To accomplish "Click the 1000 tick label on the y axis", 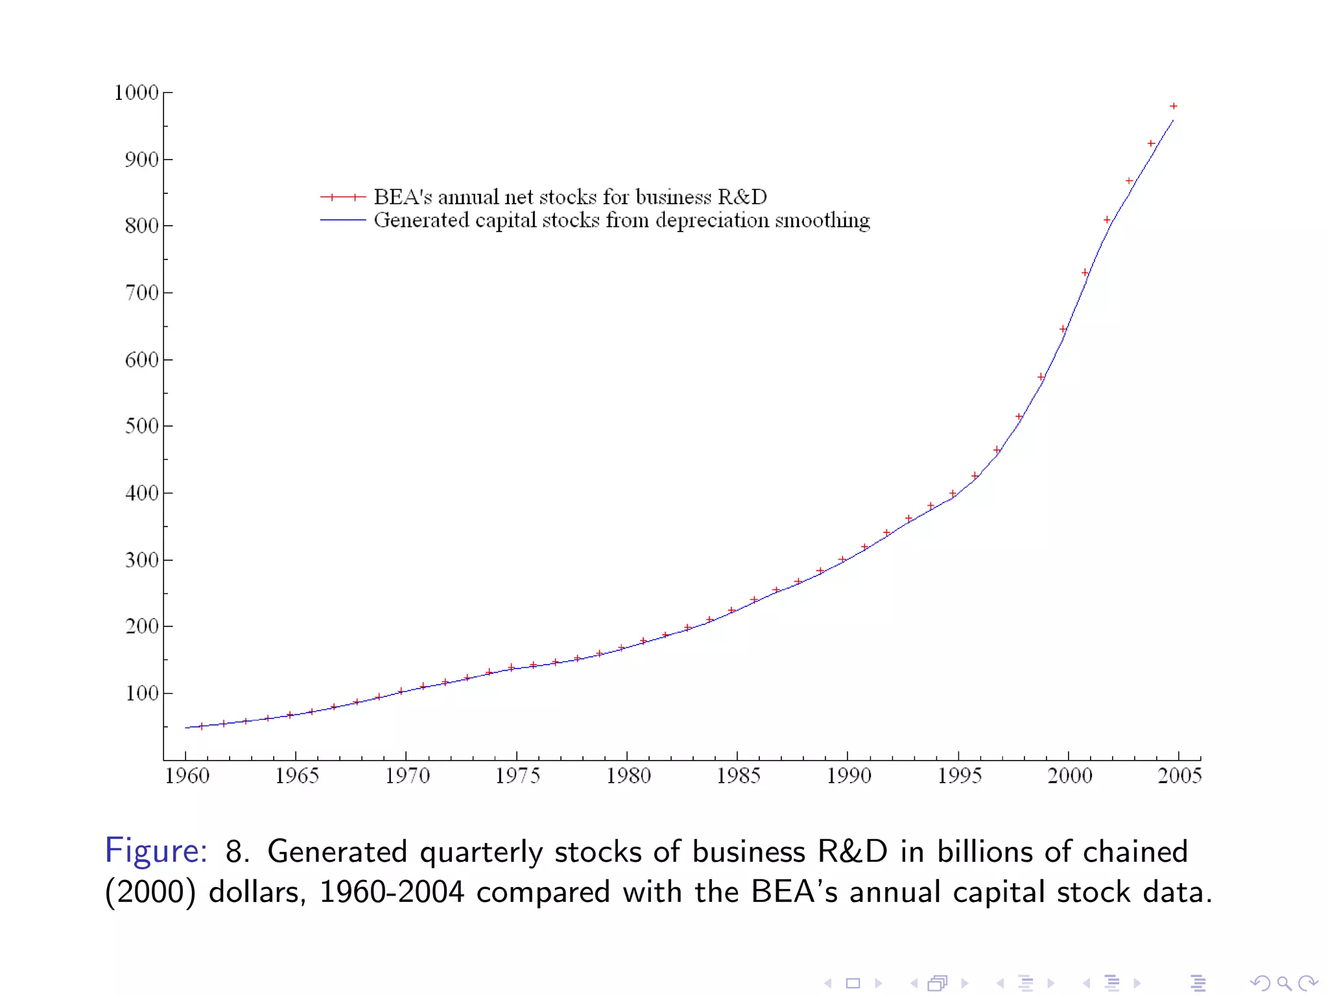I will tap(136, 93).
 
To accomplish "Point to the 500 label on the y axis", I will tap(141, 427).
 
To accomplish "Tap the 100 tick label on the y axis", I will tap(141, 694).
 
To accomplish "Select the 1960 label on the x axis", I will tap(187, 776).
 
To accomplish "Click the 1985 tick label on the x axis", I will tap(738, 776).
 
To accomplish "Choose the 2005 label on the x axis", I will tap(1180, 776).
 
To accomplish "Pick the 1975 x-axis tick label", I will tap(517, 776).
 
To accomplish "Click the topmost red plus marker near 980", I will tap(1173, 106).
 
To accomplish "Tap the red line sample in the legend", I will tap(343, 197).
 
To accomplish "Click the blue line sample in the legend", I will tap(343, 220).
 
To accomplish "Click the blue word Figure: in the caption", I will tap(156, 851).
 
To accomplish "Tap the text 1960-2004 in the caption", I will tap(392, 892).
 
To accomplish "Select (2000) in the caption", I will tap(150, 892).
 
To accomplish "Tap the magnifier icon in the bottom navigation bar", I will tap(1284, 984).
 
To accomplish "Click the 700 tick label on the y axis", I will tap(141, 293).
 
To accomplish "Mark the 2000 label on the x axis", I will tap(1069, 776).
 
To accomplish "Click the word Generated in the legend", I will tap(421, 220).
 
